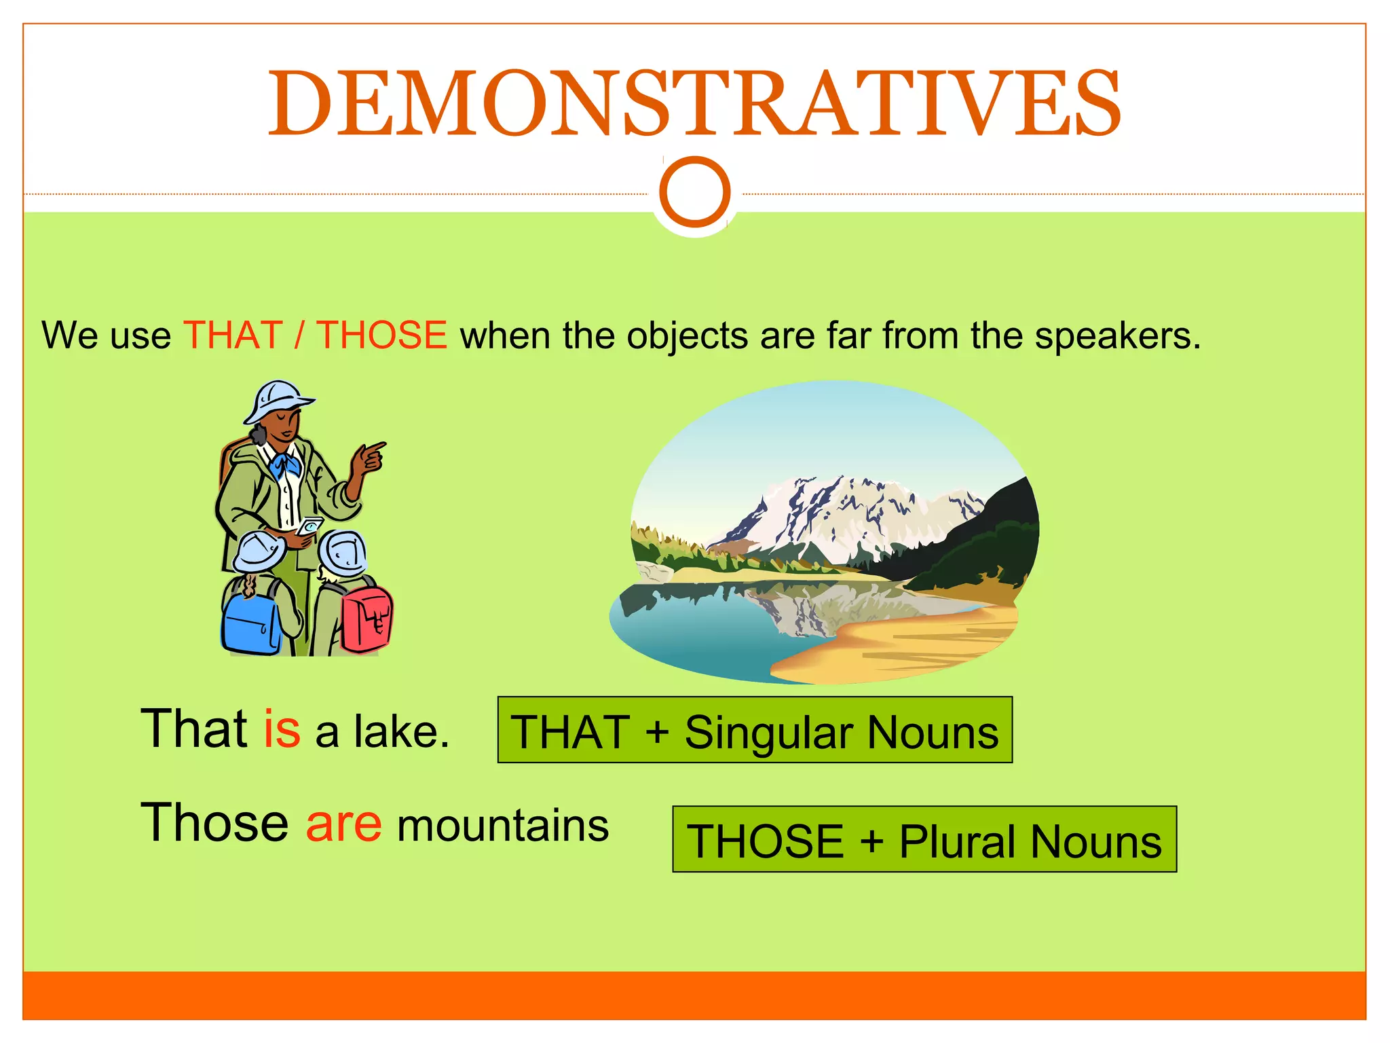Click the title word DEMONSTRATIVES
(694, 104)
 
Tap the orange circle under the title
(694, 191)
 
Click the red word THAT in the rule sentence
(233, 335)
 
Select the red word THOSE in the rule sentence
(382, 335)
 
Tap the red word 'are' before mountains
(343, 824)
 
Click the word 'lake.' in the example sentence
(401, 731)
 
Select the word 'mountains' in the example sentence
(503, 826)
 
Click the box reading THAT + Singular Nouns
(755, 730)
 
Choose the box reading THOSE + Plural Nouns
(924, 839)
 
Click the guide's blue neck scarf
(285, 465)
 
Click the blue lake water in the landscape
(699, 632)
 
